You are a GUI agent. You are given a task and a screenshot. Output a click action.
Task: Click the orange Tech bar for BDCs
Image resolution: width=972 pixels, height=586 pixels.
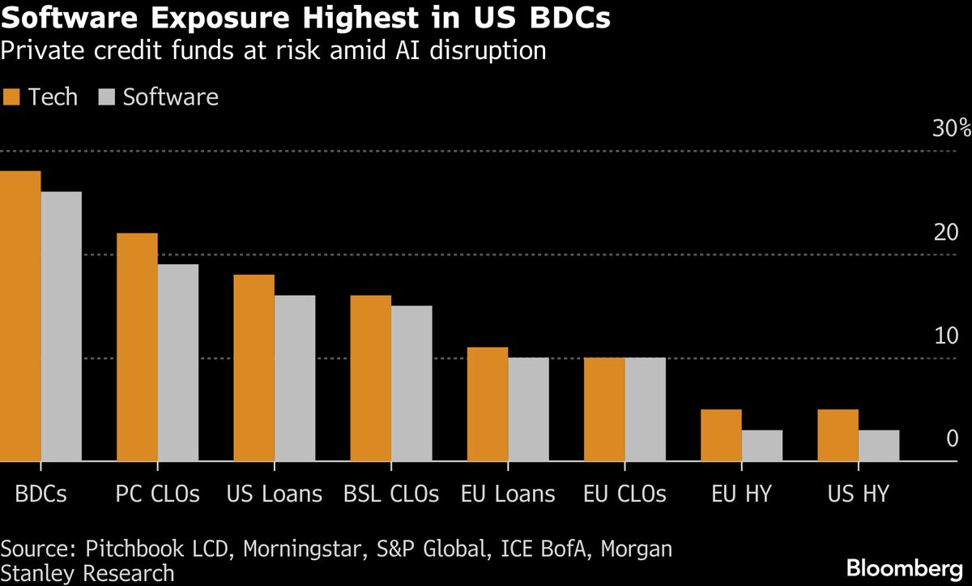pos(20,316)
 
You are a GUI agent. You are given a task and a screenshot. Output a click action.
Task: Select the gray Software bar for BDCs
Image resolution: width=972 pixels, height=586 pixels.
pos(62,327)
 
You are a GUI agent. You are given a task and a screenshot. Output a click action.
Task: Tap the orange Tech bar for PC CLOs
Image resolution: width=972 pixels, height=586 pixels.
pos(137,347)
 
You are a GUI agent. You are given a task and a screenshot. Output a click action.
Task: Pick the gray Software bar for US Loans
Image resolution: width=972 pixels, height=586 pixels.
pos(295,379)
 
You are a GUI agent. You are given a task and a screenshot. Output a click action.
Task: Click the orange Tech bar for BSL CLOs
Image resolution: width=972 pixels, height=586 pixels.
pos(370,379)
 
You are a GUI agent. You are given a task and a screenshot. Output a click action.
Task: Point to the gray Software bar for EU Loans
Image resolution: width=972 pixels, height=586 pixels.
pos(528,409)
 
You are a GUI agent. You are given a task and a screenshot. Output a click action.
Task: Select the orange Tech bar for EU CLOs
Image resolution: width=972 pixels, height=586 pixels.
pos(603,409)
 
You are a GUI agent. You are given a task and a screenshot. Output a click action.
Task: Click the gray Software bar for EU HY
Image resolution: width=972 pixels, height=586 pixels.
pos(761,446)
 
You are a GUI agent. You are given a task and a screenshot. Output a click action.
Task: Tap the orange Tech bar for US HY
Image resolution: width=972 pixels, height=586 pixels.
pos(838,435)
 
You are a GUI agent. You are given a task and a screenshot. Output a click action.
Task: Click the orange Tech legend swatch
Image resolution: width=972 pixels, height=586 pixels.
pos(11,97)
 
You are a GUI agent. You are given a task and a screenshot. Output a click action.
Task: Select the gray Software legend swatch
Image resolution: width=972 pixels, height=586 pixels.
pos(106,97)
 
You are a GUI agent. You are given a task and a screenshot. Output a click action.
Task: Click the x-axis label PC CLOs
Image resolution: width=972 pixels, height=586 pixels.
pos(158,494)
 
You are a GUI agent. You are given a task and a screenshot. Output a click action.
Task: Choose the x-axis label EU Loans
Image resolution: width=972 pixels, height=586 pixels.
pos(508,494)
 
